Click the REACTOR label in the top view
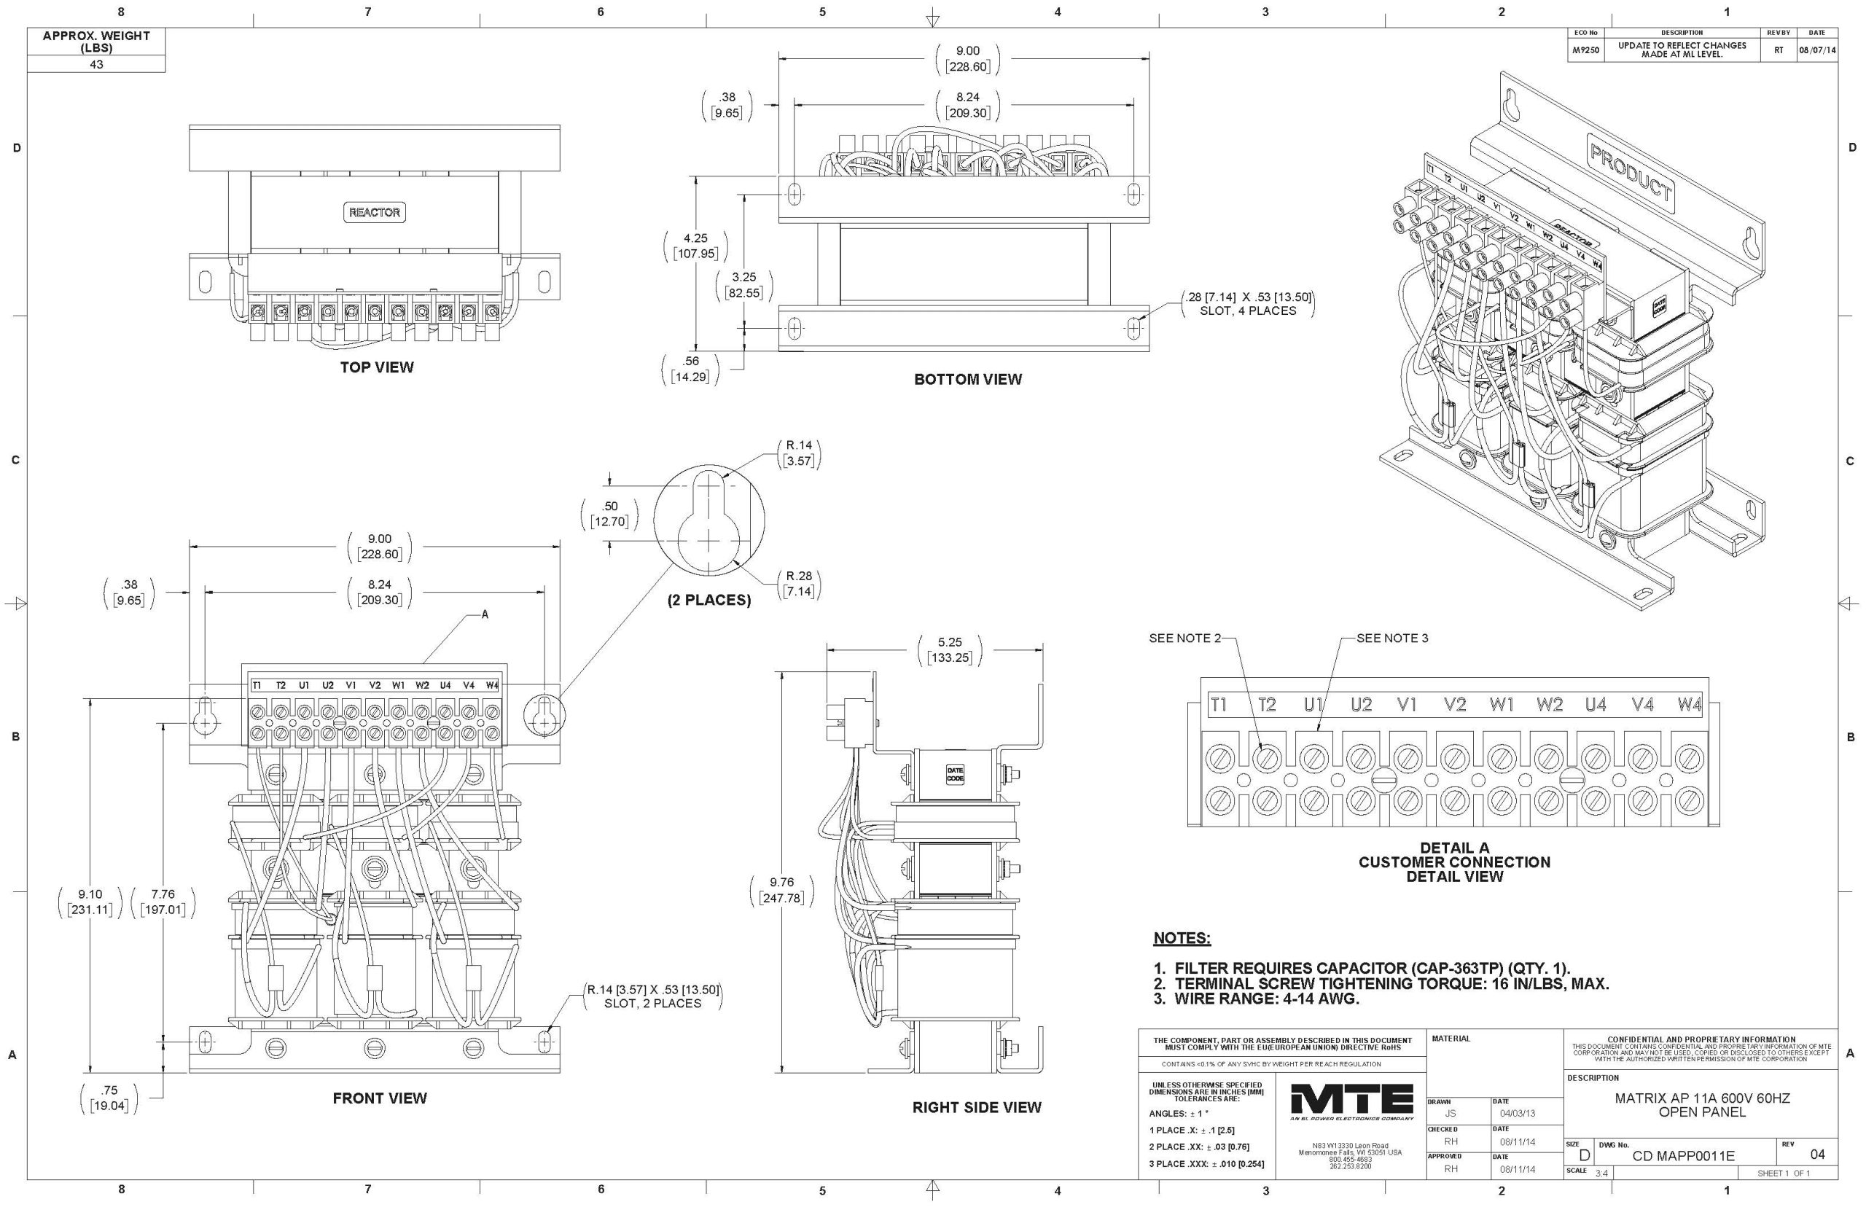[x=375, y=212]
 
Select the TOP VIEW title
[x=376, y=367]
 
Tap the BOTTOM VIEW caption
[x=968, y=379]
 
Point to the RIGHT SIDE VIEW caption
[x=977, y=1106]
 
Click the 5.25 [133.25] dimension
[x=949, y=649]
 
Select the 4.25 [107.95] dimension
[x=695, y=246]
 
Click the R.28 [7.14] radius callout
[x=800, y=584]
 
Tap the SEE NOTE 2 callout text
[x=1184, y=638]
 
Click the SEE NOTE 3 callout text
[x=1392, y=638]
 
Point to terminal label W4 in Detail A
[x=1690, y=705]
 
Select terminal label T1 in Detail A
[x=1219, y=705]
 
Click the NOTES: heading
[x=1182, y=938]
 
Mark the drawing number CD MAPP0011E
[x=1683, y=1156]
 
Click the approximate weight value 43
[x=95, y=64]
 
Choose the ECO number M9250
[x=1585, y=50]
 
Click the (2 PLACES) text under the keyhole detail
[x=708, y=601]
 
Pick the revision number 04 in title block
[x=1817, y=1155]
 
